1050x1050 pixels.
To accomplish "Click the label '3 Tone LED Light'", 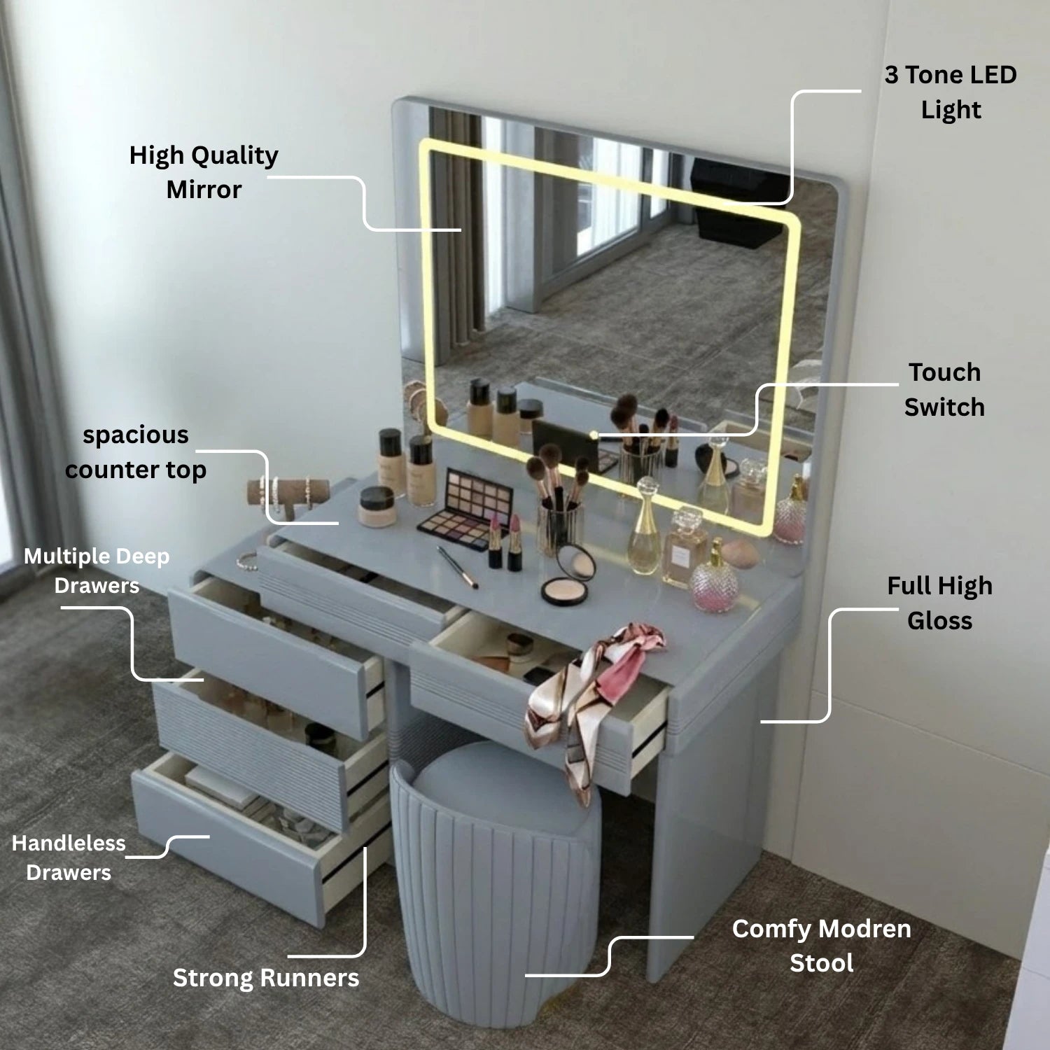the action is pyautogui.click(x=951, y=92).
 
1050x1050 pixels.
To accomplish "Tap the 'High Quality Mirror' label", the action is pyautogui.click(x=204, y=172).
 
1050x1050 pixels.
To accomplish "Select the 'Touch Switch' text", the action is pyautogui.click(x=944, y=390).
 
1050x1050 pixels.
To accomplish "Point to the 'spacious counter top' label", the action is pyautogui.click(x=136, y=452).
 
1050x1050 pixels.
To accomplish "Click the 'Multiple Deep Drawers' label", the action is pyautogui.click(x=97, y=570).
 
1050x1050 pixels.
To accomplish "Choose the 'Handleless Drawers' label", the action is pyautogui.click(x=69, y=857).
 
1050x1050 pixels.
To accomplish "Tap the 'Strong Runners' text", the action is pyautogui.click(x=266, y=978).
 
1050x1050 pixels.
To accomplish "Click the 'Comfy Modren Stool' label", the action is pyautogui.click(x=822, y=946).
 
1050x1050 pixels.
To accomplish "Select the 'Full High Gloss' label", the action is pyautogui.click(x=940, y=603).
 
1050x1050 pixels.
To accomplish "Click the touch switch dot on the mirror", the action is pyautogui.click(x=594, y=435).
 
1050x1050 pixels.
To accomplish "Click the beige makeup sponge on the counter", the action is pyautogui.click(x=740, y=554).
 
